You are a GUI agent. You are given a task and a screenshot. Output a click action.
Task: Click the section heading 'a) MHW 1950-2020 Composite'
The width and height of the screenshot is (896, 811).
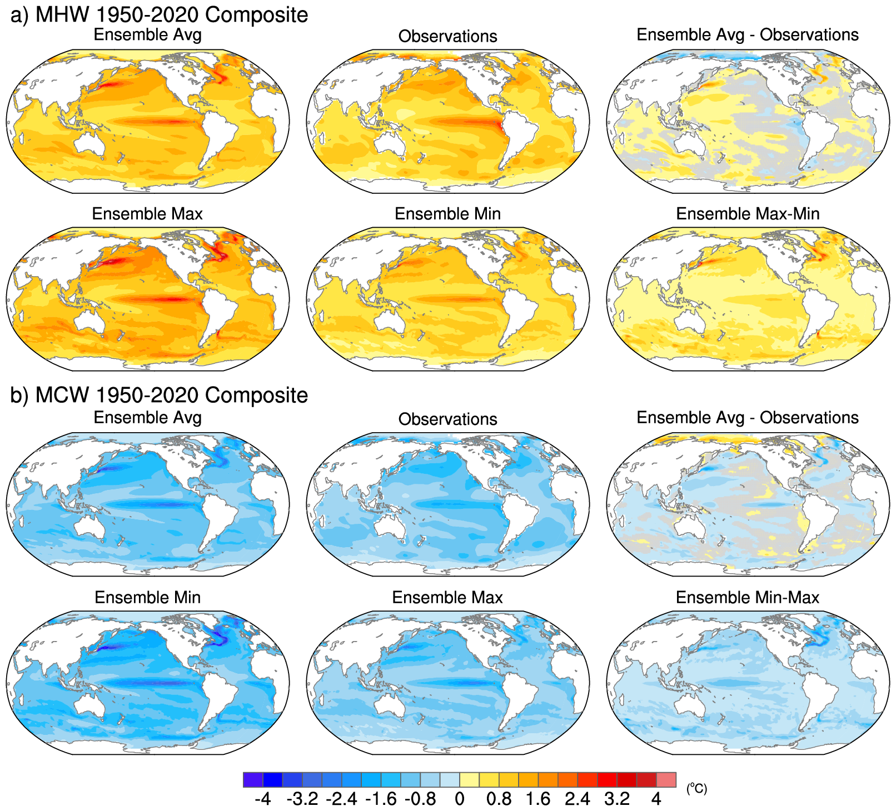click(x=159, y=14)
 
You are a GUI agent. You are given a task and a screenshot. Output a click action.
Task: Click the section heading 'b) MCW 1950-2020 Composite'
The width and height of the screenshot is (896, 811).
click(x=159, y=395)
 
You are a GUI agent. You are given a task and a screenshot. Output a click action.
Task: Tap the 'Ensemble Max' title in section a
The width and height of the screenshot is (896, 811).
click(x=147, y=214)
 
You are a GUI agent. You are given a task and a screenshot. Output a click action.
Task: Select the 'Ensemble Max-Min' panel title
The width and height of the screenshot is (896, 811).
click(x=748, y=214)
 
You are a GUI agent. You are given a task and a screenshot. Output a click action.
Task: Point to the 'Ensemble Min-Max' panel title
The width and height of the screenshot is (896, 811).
click(x=748, y=597)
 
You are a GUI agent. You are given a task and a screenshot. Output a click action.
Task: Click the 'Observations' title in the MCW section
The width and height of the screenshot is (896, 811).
click(x=447, y=419)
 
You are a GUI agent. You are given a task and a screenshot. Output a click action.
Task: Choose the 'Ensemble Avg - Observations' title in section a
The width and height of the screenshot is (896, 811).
click(x=748, y=34)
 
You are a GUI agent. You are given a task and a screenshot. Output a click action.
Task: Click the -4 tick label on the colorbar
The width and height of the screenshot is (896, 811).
click(x=262, y=799)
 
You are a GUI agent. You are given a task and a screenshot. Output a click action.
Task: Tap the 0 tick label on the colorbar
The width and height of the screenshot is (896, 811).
click(x=459, y=799)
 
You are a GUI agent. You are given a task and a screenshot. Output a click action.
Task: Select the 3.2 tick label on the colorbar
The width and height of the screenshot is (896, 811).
click(x=617, y=799)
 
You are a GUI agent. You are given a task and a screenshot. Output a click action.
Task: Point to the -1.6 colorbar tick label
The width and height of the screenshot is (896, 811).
click(x=381, y=799)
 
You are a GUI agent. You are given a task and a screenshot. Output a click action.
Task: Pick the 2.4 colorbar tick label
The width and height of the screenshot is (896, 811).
click(x=578, y=799)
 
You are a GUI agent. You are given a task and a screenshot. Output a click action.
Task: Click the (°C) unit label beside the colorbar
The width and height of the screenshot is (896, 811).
click(x=696, y=788)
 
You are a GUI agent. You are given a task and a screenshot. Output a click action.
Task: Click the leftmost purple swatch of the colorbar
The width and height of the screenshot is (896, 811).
click(x=253, y=779)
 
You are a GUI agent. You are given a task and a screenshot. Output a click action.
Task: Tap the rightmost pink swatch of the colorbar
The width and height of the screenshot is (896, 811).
click(x=666, y=779)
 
